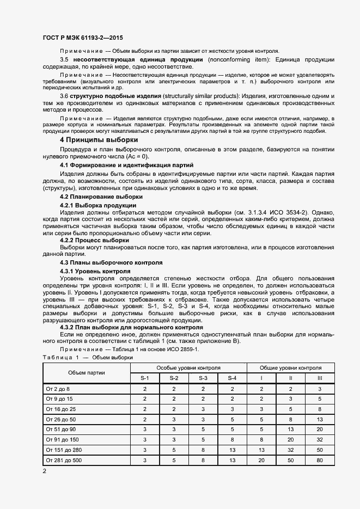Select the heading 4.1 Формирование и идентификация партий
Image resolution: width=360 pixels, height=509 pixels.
126,164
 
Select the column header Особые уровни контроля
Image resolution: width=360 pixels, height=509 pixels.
188,368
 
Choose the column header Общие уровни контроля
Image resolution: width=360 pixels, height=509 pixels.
290,368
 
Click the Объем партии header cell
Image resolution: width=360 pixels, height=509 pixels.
87,373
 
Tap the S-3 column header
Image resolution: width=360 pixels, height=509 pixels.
203,378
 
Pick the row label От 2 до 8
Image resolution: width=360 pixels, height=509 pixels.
58,389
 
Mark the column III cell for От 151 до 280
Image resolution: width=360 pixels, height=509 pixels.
320,450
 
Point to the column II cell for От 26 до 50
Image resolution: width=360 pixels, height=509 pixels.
290,419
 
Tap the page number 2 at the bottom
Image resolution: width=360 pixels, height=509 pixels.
45,470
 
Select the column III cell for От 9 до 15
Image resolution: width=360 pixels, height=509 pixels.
320,399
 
